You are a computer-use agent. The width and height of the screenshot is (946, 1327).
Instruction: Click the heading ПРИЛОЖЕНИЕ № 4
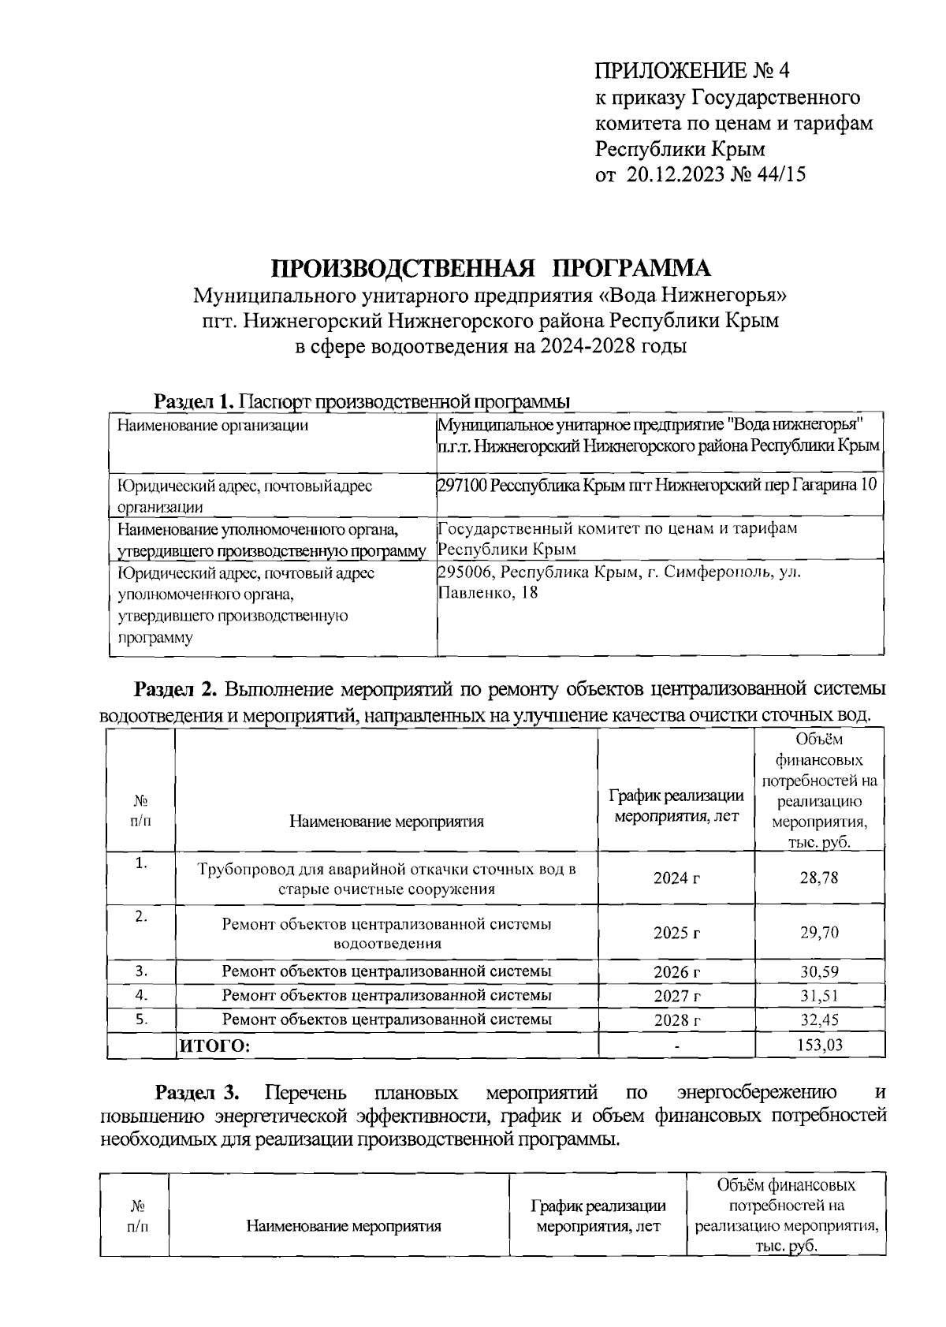(691, 72)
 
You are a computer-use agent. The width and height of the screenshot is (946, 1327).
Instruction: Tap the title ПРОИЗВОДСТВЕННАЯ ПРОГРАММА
(491, 269)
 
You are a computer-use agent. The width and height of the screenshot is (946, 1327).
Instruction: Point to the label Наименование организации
(212, 426)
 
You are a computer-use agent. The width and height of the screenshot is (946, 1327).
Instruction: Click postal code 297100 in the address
(462, 484)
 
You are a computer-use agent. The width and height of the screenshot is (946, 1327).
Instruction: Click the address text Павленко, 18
(488, 593)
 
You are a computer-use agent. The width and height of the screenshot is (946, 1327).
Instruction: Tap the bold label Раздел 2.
(174, 690)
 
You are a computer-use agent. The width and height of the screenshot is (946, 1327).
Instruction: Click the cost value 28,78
(819, 878)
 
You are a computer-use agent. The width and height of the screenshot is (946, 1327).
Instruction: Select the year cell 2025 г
(676, 933)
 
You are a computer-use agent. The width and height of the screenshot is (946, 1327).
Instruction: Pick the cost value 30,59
(819, 971)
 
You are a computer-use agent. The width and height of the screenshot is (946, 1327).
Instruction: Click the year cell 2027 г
(676, 996)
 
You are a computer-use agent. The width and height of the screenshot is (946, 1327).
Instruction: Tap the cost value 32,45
(819, 1020)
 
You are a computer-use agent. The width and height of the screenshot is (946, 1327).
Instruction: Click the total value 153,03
(819, 1046)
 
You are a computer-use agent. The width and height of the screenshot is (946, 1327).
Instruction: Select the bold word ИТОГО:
(215, 1046)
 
